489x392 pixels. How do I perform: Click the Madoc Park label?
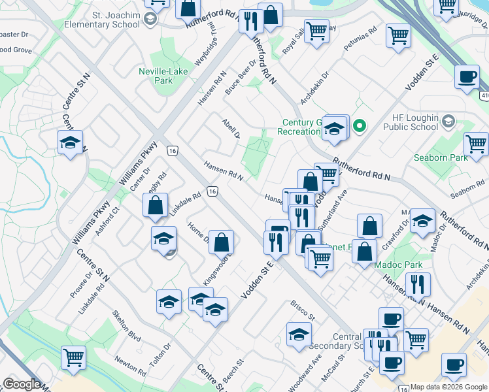(x=399, y=265)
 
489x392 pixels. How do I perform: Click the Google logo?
(x=22, y=384)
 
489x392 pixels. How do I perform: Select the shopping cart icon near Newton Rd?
(x=73, y=357)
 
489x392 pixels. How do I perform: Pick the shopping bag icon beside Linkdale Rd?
(x=156, y=206)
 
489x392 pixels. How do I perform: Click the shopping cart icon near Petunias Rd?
(x=398, y=35)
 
